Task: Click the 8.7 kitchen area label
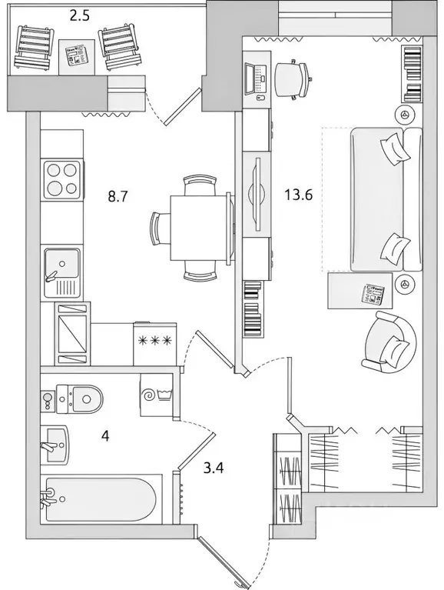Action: [x=117, y=196]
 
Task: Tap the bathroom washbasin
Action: [x=55, y=445]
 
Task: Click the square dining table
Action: [x=199, y=228]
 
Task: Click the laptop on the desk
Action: [x=253, y=76]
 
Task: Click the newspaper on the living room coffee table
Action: [x=374, y=293]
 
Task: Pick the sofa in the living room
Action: [x=386, y=200]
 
